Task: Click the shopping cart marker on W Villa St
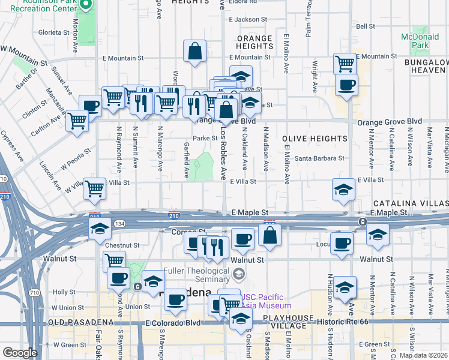(x=95, y=188)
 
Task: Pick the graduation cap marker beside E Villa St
(x=343, y=190)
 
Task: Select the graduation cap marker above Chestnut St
(x=100, y=228)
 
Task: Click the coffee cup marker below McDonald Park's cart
(x=346, y=85)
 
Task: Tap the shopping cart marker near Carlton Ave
(x=77, y=119)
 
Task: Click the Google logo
(x=20, y=353)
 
